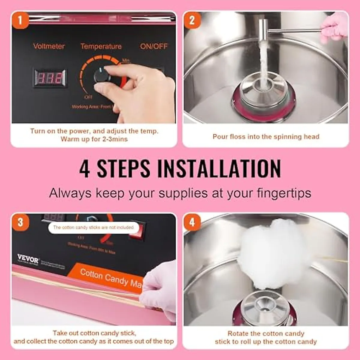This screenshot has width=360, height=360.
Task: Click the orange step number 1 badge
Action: click(20, 20)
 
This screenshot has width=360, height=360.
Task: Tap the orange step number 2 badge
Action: click(192, 20)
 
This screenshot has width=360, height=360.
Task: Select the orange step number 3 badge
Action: click(20, 222)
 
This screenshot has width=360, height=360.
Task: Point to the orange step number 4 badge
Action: click(192, 222)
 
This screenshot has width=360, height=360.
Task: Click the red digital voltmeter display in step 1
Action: click(49, 78)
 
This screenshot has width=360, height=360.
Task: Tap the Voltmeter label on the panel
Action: click(49, 46)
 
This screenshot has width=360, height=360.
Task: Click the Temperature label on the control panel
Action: click(101, 46)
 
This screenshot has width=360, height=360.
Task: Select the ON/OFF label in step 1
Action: click(154, 46)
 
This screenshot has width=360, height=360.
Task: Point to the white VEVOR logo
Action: click(28, 258)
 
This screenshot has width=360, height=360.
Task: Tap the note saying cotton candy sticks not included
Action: click(93, 227)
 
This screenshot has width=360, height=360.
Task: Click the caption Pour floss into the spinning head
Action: click(266, 137)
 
